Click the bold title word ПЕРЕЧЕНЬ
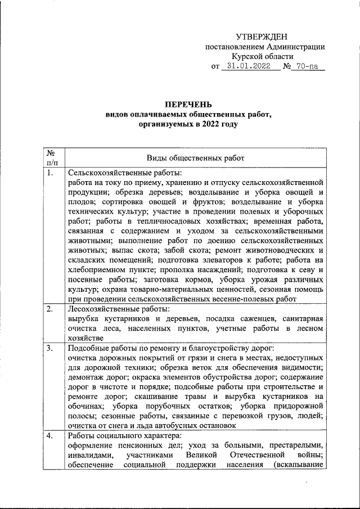click(188, 104)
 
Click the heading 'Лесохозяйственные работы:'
click(118, 308)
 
